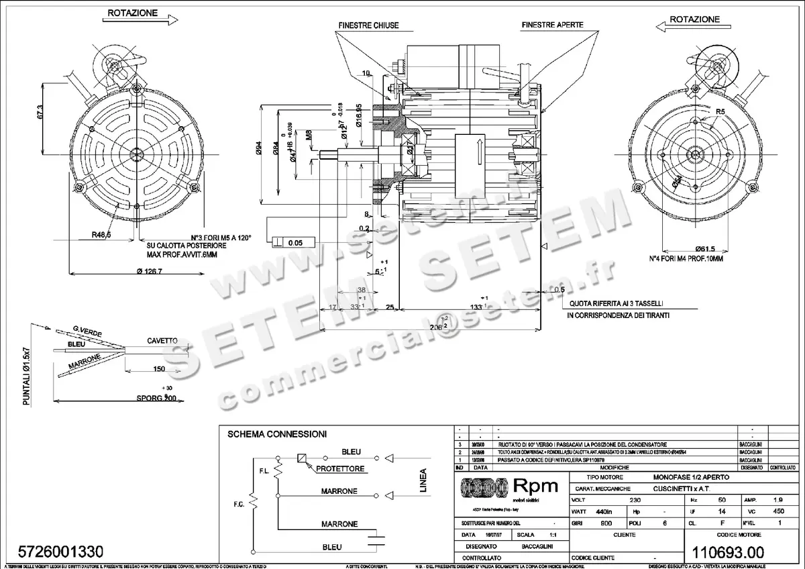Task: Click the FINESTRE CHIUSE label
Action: coord(368,25)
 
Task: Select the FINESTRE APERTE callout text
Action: coord(552,25)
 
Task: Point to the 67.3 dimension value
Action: coord(41,111)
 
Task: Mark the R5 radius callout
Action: coord(720,111)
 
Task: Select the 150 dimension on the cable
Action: coord(158,369)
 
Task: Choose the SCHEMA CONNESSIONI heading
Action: coord(277,434)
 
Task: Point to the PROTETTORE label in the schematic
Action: coord(341,468)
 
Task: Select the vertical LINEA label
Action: coord(423,480)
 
